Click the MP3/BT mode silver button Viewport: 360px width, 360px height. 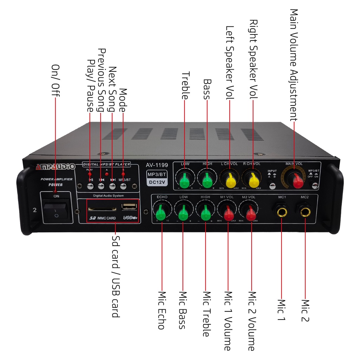pos(123,187)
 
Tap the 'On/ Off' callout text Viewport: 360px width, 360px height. pos(56,81)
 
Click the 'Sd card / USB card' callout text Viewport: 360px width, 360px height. pos(115,276)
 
